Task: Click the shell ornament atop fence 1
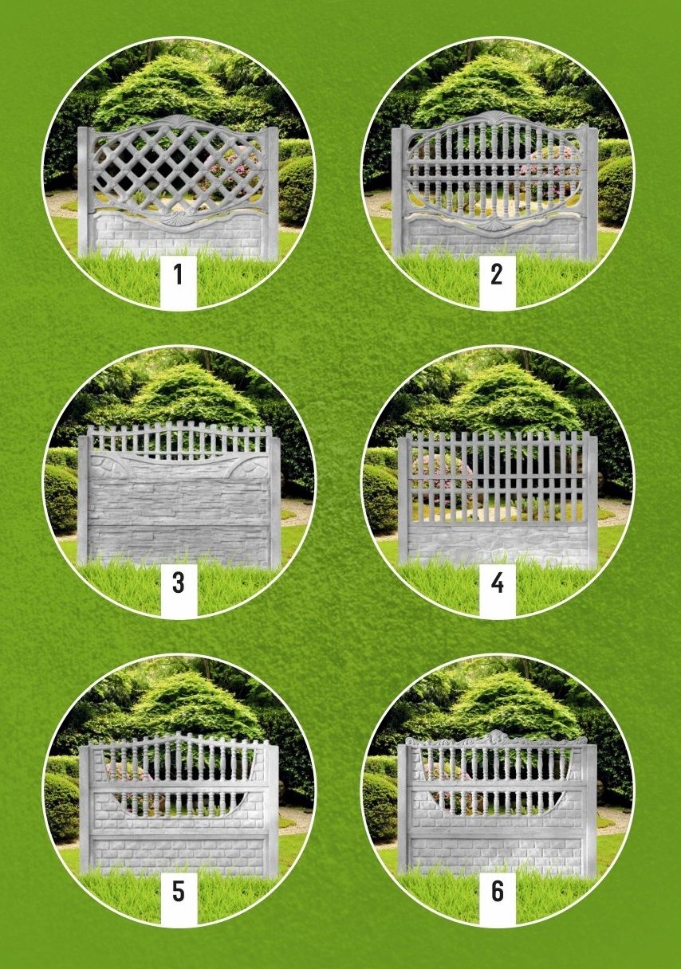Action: coord(179,120)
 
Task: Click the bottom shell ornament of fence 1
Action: coord(179,214)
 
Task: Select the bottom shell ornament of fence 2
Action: coord(492,226)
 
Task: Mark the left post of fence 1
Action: coord(84,193)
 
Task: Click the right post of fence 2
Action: coord(591,193)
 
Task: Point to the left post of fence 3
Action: coord(83,501)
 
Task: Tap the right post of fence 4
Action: coord(592,501)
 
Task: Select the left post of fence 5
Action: coord(85,809)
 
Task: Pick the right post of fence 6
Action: coord(591,809)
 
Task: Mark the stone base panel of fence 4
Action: coord(497,544)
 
